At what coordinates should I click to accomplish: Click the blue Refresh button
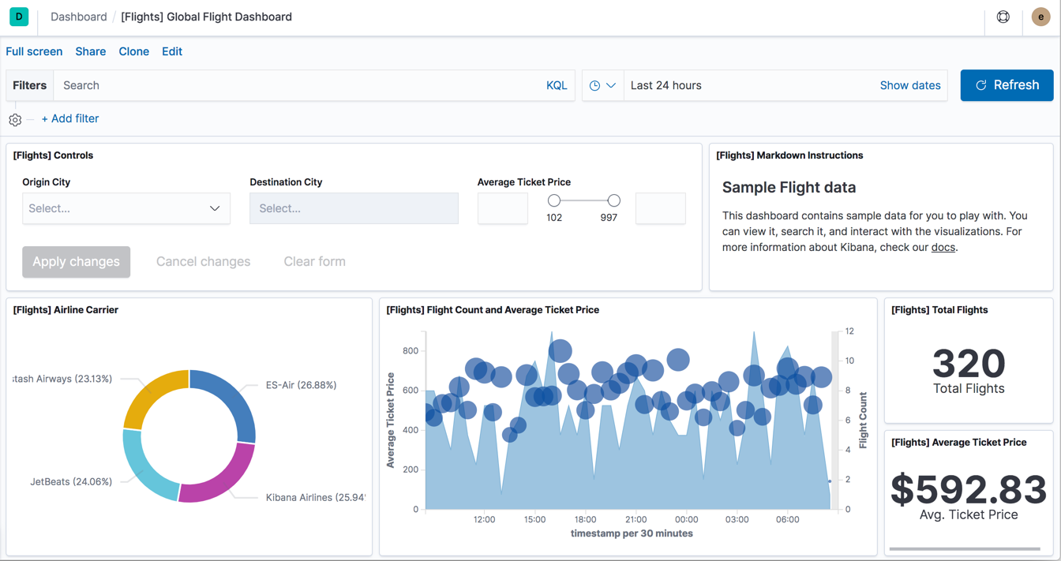tap(1007, 85)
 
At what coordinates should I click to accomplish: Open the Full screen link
tap(34, 51)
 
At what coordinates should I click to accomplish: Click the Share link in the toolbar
tap(91, 51)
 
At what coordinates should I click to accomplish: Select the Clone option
tap(133, 51)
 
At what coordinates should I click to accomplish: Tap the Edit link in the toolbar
tap(172, 51)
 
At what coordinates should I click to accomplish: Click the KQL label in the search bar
tap(557, 85)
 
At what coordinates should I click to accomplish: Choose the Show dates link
tap(909, 85)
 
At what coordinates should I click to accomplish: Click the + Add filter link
tap(70, 118)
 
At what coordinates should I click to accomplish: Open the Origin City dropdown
tap(126, 208)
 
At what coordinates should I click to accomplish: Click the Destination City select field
tap(354, 208)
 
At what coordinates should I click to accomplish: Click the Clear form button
tap(314, 261)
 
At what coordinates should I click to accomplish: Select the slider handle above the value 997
tap(613, 200)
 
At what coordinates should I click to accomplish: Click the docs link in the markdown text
tap(943, 247)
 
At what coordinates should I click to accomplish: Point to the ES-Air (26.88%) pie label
tap(301, 385)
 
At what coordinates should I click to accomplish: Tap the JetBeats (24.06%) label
tap(71, 481)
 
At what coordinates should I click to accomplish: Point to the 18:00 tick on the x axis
tap(585, 519)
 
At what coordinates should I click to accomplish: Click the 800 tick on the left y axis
tap(411, 351)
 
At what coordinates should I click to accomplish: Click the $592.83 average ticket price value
tap(969, 489)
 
